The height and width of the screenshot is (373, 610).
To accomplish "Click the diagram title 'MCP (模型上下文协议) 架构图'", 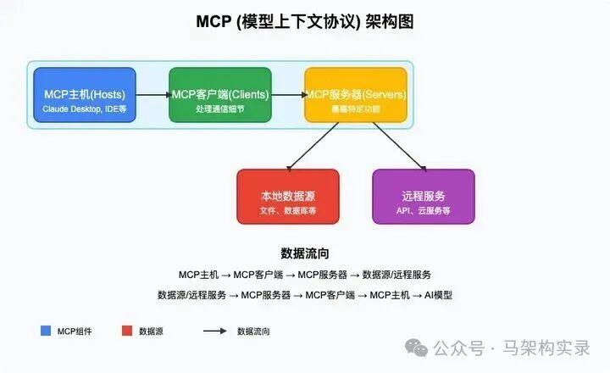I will (x=305, y=22).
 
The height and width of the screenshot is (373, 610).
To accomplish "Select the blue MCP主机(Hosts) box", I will (x=85, y=95).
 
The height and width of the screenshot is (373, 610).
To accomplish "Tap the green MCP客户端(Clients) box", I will (x=220, y=95).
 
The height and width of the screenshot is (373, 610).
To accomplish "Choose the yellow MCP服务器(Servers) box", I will (x=356, y=95).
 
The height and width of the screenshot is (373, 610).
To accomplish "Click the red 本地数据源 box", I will (x=288, y=197).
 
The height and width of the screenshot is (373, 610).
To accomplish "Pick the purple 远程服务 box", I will (x=424, y=197).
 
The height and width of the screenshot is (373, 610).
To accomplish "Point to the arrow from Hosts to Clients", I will (x=152, y=95).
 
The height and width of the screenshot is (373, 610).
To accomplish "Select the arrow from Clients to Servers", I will (x=288, y=95).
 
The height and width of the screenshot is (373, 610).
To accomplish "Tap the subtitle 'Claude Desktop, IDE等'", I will (x=85, y=109).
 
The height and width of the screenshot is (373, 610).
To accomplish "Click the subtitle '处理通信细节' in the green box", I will (x=220, y=109).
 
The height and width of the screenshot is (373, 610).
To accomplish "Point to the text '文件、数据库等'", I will (x=288, y=210).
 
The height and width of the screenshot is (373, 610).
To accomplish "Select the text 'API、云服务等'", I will (x=424, y=210).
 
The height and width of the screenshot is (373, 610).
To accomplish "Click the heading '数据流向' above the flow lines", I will (x=305, y=253).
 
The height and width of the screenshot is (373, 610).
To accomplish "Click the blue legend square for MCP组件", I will (x=45, y=331).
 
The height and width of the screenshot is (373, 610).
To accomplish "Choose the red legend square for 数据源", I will (x=127, y=331).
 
